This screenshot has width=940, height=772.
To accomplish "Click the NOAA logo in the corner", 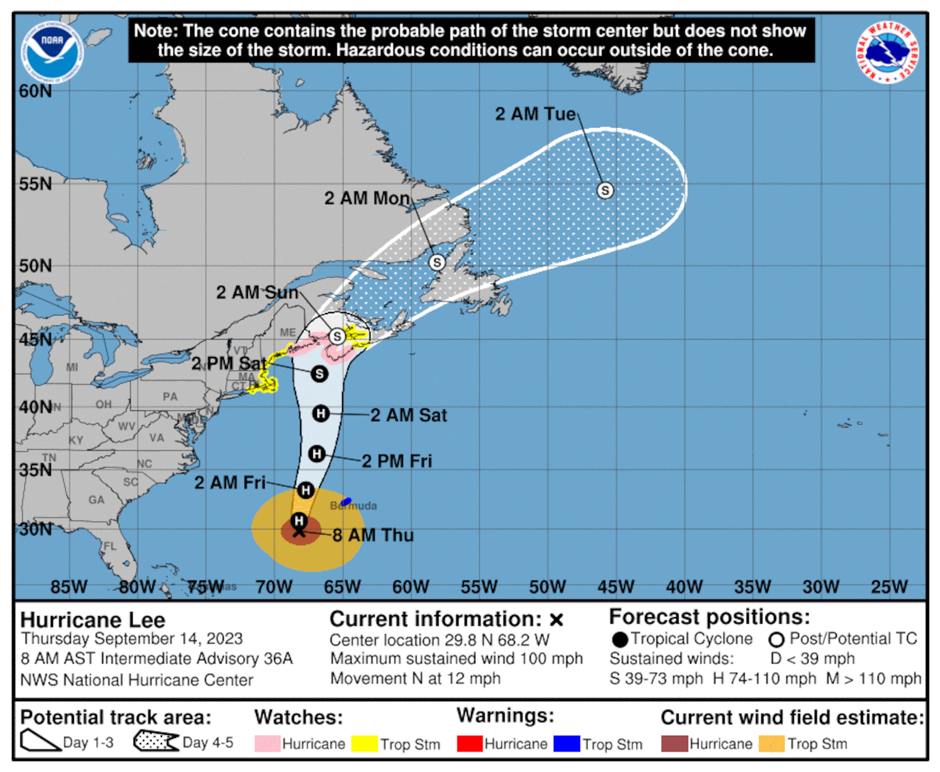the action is tap(53, 53).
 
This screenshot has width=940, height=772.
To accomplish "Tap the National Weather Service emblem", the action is tap(887, 53).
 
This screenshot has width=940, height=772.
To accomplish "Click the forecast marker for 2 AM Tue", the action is tap(604, 190).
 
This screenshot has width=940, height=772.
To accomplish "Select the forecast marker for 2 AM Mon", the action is tap(437, 262).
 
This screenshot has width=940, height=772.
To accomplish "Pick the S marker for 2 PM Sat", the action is tap(319, 374).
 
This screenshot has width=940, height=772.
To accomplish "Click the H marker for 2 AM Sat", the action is tap(321, 414).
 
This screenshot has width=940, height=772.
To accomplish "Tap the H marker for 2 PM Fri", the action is tap(317, 454).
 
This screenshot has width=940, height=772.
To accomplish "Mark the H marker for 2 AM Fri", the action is tap(305, 491).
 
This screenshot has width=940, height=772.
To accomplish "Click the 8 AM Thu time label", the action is tap(373, 535).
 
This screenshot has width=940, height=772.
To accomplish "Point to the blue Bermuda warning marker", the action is tap(346, 501).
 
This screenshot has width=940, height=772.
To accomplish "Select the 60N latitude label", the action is tap(35, 91).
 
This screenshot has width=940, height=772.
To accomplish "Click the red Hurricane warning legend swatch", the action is tap(469, 744).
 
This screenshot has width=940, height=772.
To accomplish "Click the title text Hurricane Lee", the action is tap(93, 620).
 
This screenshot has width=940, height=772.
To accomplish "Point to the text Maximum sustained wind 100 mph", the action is tap(456, 658).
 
